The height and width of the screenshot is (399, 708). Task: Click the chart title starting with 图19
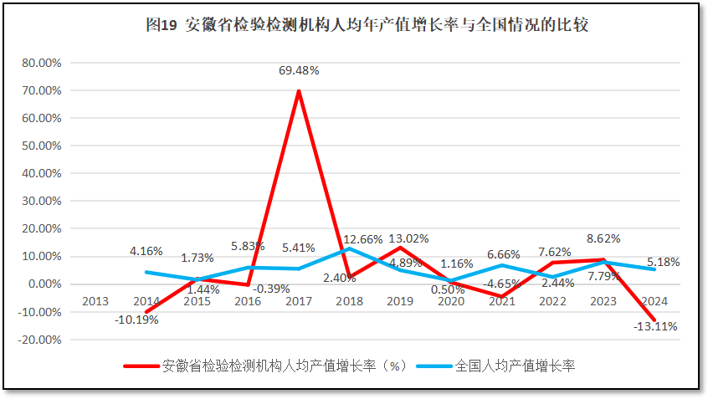pos(367,25)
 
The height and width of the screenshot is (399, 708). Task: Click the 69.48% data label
pos(299,71)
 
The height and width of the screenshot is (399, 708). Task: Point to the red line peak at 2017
pos(299,91)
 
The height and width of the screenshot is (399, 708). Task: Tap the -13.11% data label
pos(656,326)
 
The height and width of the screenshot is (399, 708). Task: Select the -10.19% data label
pos(137,319)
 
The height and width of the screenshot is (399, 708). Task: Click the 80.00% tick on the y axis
pos(41,63)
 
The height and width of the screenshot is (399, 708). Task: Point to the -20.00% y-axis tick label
pos(39,340)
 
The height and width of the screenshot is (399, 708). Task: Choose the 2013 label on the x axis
pos(95,300)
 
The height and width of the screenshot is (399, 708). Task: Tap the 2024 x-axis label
pos(655,300)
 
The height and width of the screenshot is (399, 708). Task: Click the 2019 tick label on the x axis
pos(401,300)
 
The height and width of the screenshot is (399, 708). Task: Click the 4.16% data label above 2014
pos(146,250)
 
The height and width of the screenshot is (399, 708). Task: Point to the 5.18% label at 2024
pos(664,262)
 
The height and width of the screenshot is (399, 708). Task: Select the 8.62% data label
pos(603,238)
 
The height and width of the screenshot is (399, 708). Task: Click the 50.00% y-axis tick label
pos(41,146)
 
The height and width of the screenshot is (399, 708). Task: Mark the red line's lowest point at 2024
pos(655,320)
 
